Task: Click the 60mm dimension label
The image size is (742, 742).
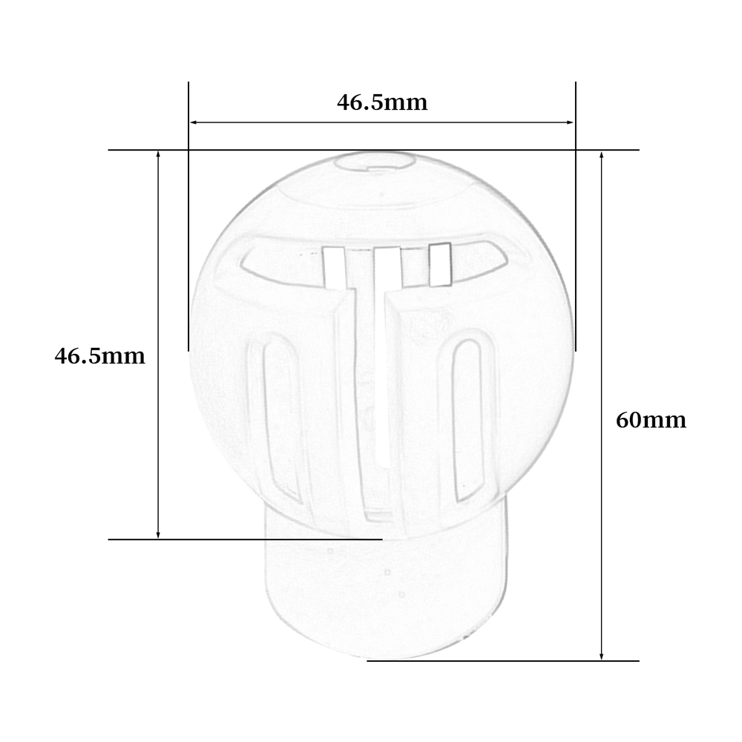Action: click(651, 420)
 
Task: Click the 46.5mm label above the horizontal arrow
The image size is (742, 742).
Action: click(382, 102)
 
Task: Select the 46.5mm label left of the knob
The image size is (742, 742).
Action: click(100, 356)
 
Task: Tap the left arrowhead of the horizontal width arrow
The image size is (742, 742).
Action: click(193, 122)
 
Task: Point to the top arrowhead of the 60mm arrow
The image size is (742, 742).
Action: click(602, 156)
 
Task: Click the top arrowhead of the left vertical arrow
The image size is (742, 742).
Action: click(158, 156)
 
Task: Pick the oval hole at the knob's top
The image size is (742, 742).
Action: click(374, 161)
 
